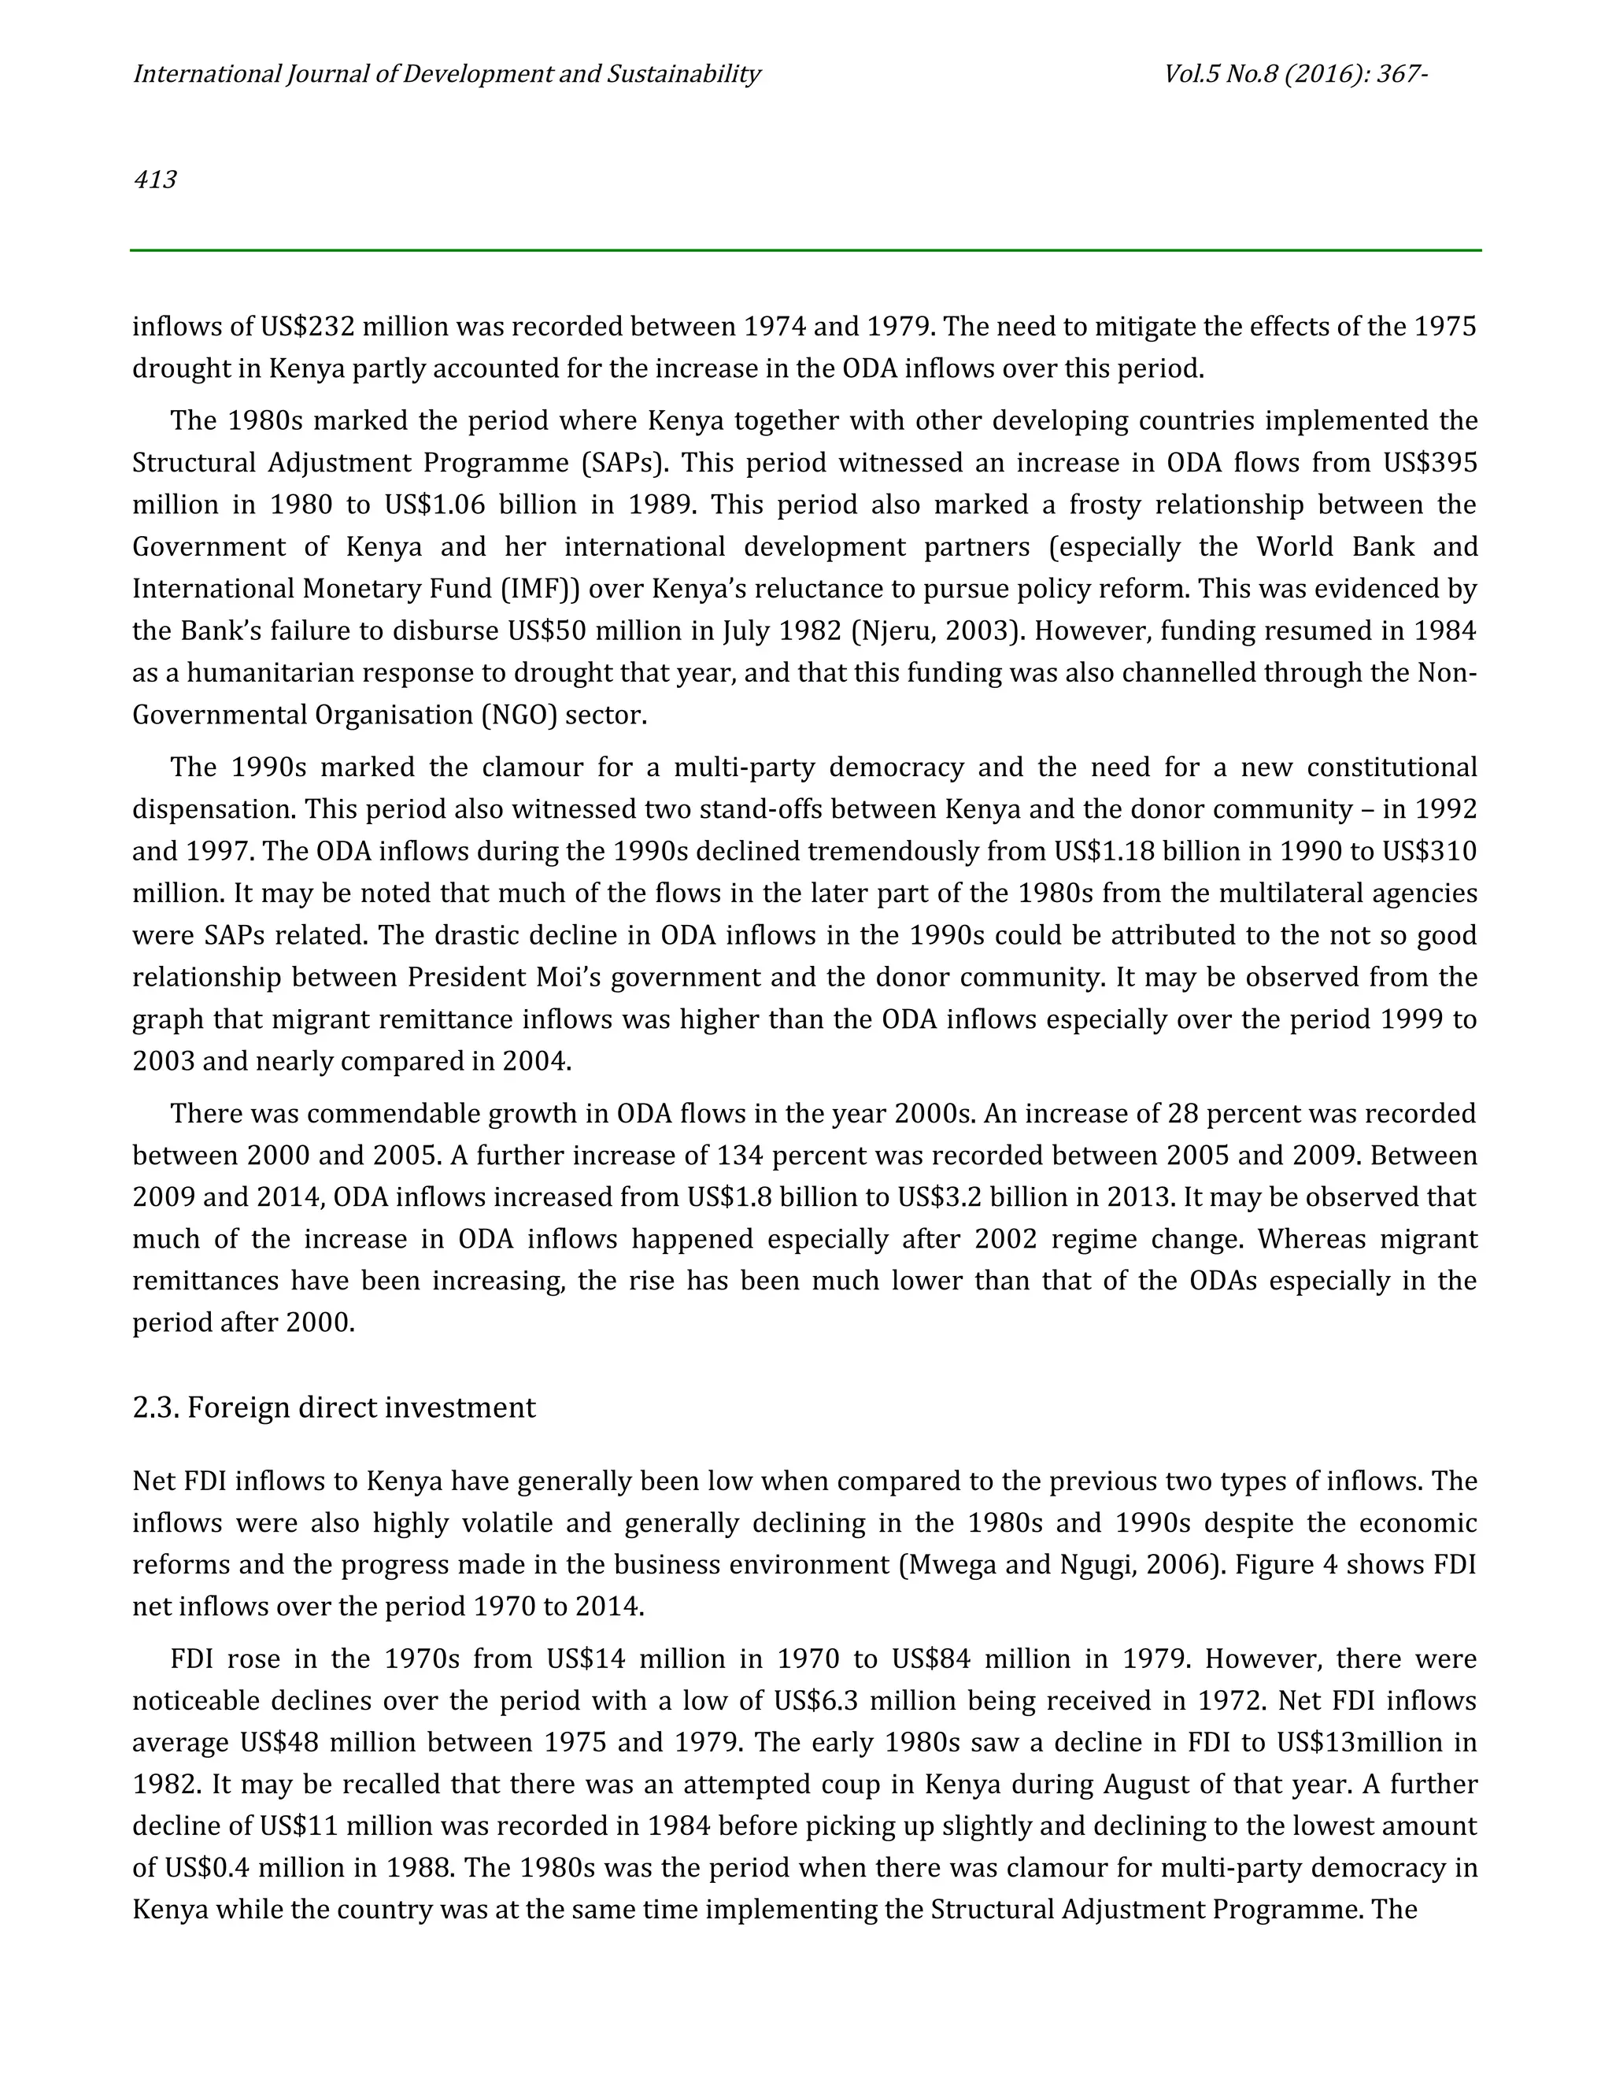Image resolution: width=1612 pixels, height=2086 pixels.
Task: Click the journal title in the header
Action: point(446,75)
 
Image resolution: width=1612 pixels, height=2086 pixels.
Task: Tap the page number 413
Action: point(155,179)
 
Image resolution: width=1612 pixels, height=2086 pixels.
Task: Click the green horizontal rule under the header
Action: point(805,250)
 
